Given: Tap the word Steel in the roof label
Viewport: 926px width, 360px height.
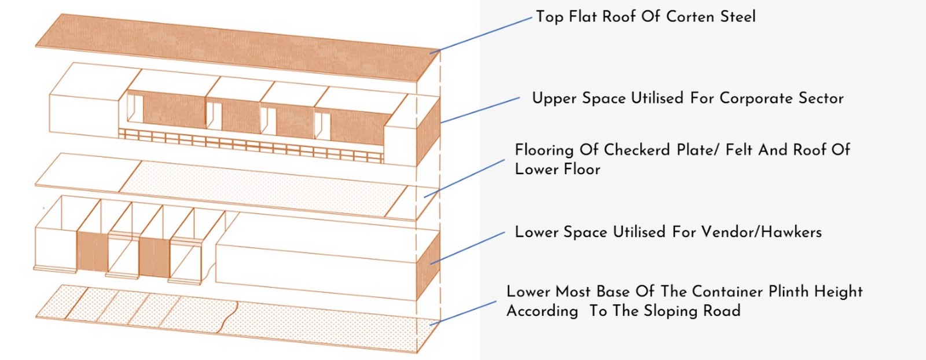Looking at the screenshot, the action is tap(738, 17).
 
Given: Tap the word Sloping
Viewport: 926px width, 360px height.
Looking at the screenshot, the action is tap(663, 311).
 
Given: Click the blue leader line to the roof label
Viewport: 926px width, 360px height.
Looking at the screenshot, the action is tap(481, 35).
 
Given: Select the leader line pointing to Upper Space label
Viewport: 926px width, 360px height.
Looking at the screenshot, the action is tap(480, 111).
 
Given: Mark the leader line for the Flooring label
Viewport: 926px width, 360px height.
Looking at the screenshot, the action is tap(464, 179).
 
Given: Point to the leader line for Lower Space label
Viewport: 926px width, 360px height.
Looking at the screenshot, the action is tap(468, 248).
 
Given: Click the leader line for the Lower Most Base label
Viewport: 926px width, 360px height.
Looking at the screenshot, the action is tap(463, 313).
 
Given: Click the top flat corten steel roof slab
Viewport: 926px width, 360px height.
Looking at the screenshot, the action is tap(238, 47).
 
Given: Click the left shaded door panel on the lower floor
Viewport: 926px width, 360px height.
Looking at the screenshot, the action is tap(93, 251).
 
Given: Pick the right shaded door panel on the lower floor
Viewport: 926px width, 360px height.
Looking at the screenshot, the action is tap(154, 258).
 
